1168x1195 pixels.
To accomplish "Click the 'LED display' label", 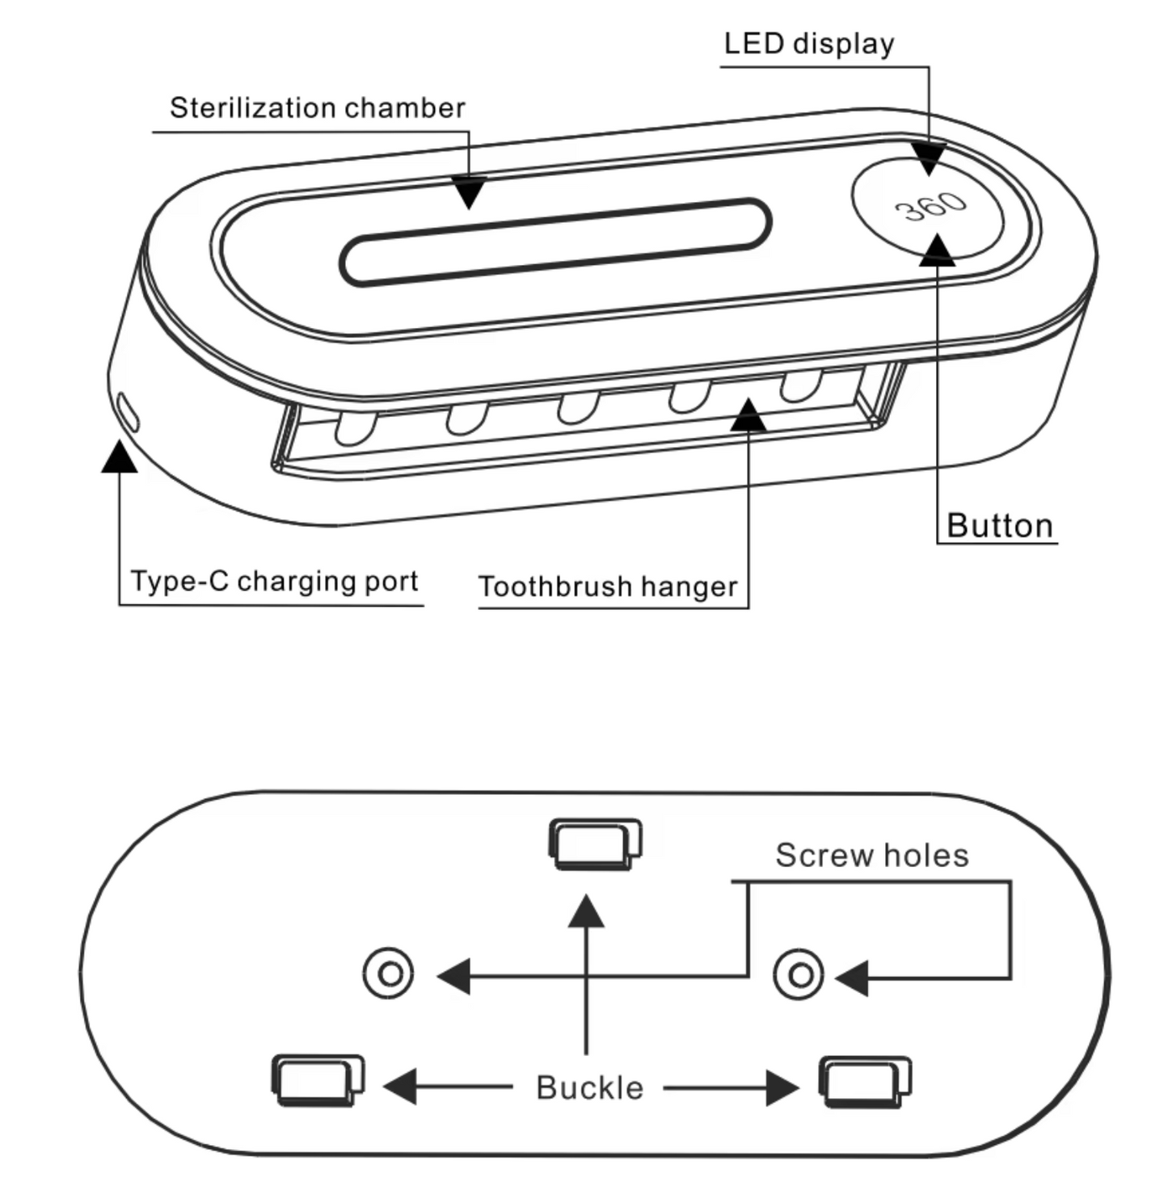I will [x=809, y=44].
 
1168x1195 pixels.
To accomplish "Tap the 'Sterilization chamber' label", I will [x=317, y=107].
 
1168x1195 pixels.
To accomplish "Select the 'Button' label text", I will [x=1000, y=525].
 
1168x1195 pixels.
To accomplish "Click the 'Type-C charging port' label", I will [x=274, y=581].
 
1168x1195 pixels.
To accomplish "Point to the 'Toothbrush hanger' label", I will [x=608, y=586].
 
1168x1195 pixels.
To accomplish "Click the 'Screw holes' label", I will [x=872, y=855].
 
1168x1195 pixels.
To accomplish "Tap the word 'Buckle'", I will [x=590, y=1088].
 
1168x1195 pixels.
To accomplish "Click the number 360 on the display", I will [x=931, y=206].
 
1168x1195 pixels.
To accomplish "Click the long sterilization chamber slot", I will [x=554, y=242].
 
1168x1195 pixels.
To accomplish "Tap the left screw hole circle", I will [x=389, y=974].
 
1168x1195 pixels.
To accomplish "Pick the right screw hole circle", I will [x=799, y=974].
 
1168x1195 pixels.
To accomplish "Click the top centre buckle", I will [x=595, y=844].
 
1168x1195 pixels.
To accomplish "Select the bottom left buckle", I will [x=318, y=1079].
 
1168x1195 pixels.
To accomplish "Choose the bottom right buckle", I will [x=865, y=1081].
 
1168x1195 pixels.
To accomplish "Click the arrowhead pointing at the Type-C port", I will [x=120, y=457].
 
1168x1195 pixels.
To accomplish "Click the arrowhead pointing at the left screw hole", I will [x=454, y=976].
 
